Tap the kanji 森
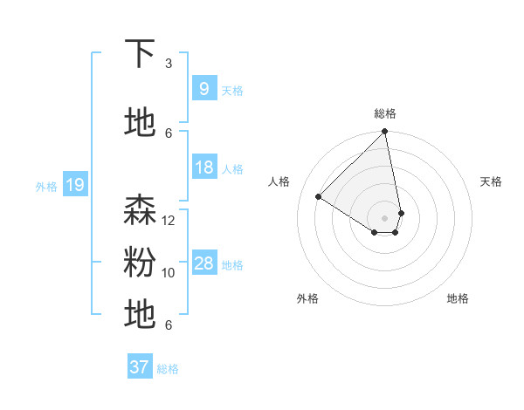point(140,210)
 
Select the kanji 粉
point(140,263)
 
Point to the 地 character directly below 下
point(140,123)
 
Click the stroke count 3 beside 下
point(169,64)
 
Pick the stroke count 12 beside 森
point(169,221)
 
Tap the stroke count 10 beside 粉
point(169,273)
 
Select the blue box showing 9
point(203,89)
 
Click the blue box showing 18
point(203,167)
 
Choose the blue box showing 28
point(203,263)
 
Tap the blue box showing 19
point(74,185)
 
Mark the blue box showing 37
point(139,367)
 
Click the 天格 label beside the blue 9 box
point(232,91)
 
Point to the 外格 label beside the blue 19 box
point(46,186)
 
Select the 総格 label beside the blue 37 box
point(168,369)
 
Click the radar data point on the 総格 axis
point(385,133)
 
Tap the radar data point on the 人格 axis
point(319,197)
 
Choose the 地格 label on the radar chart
point(458,298)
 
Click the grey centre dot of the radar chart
point(385,217)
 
